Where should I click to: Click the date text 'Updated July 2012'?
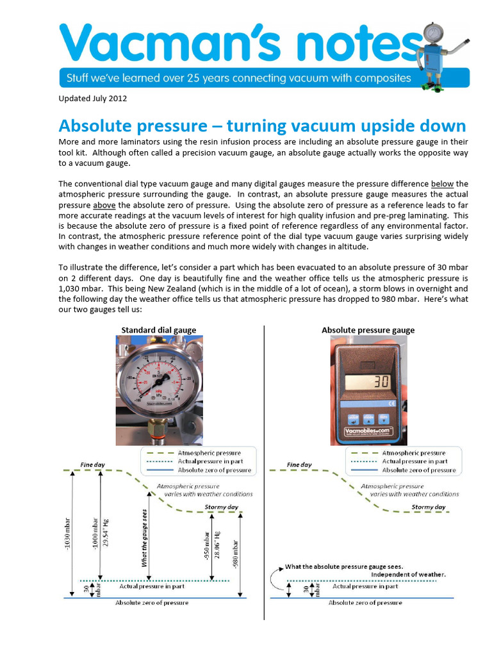[93, 99]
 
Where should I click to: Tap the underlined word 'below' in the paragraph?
[442, 184]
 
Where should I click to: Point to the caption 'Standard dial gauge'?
[159, 330]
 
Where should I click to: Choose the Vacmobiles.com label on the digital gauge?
[368, 432]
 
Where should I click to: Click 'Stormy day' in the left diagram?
[221, 507]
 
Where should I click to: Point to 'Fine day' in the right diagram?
[299, 465]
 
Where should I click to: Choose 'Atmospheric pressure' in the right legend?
[413, 453]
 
